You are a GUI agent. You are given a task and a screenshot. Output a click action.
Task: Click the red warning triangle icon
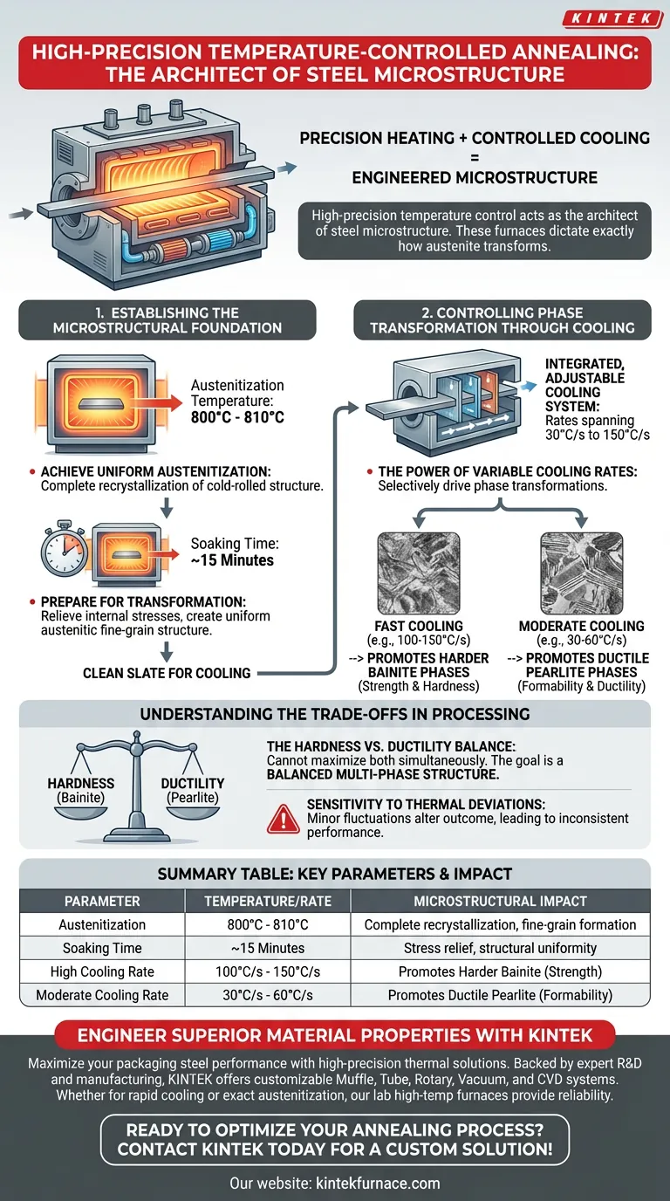tap(283, 819)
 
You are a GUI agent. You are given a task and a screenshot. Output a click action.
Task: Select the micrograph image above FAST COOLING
tap(419, 573)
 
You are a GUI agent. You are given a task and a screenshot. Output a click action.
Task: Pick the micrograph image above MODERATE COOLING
tap(582, 573)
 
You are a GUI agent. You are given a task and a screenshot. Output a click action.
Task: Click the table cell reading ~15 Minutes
tap(268, 948)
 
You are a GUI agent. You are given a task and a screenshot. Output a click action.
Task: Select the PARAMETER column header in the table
tap(102, 902)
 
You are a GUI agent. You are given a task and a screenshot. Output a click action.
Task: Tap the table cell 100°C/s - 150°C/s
tap(268, 971)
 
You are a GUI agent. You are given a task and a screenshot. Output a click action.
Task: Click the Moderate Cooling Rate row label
tap(102, 995)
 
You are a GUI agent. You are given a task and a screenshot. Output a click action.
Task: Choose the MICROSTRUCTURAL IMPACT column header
tap(500, 902)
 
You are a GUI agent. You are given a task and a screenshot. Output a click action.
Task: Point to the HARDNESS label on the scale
tap(81, 783)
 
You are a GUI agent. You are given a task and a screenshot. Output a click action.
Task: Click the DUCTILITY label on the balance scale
tap(193, 783)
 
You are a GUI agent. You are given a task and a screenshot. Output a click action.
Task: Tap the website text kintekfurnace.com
tap(378, 1184)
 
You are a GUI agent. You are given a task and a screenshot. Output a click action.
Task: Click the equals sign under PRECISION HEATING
tap(475, 158)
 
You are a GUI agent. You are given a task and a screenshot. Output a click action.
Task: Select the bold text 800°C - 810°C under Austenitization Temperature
tap(237, 416)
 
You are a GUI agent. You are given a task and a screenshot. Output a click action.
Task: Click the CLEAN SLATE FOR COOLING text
tap(167, 673)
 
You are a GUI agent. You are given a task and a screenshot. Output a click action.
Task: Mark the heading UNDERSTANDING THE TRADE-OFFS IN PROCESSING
tap(335, 714)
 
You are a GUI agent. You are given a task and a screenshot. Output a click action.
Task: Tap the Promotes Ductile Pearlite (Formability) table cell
tap(500, 995)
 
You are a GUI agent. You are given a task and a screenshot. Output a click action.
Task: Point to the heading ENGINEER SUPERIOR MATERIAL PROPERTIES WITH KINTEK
tap(335, 1035)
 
